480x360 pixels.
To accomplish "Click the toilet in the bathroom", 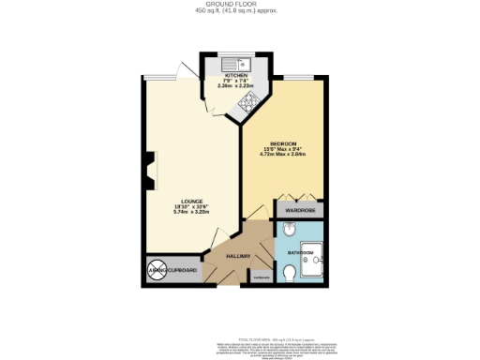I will [291, 273].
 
